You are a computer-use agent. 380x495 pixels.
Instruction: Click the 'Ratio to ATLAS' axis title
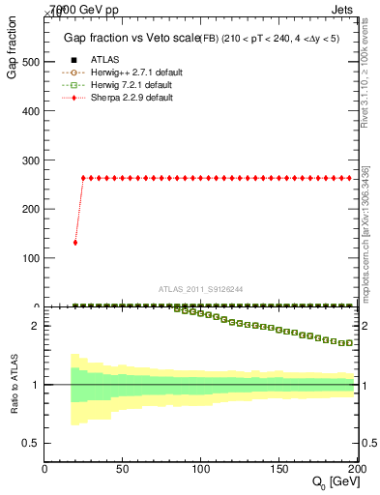(13, 384)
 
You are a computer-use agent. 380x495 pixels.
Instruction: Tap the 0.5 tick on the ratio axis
(31, 443)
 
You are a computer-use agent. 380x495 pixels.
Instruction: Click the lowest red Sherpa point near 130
(75, 243)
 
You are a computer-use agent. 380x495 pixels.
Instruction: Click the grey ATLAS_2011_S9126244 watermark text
(202, 288)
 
